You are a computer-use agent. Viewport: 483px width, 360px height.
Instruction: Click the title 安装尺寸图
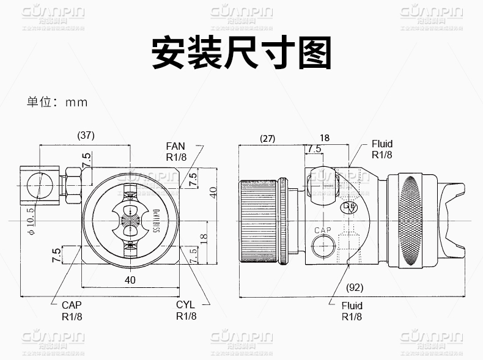(242, 54)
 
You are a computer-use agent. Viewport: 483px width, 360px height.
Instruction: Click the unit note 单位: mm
(57, 102)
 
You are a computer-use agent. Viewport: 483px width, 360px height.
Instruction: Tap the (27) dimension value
(267, 138)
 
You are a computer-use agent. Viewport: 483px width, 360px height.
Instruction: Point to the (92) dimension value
(355, 287)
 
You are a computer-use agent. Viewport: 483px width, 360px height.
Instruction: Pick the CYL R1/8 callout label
(186, 310)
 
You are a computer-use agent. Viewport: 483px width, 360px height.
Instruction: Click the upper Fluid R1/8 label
(382, 150)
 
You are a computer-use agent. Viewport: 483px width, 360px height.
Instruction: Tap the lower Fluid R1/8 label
(352, 310)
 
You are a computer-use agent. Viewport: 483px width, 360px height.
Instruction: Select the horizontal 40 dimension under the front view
(130, 280)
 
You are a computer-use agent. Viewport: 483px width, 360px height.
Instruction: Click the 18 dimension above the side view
(325, 138)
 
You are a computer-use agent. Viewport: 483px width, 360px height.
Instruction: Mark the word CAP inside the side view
(323, 230)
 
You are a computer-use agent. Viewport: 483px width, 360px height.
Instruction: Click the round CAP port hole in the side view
(322, 247)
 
